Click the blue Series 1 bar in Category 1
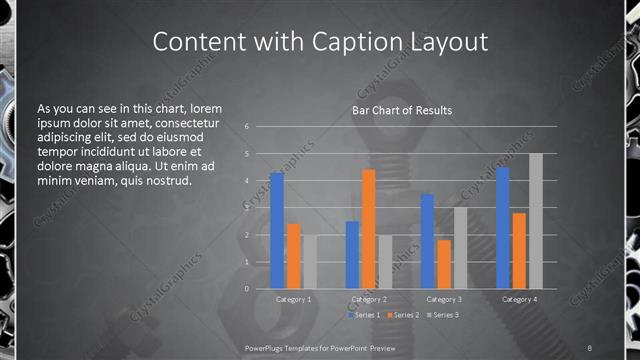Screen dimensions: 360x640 [277, 231]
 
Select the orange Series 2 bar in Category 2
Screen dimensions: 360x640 [369, 229]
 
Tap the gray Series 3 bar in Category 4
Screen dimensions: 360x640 [536, 221]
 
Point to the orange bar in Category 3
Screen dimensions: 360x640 [444, 264]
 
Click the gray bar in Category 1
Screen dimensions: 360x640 [309, 262]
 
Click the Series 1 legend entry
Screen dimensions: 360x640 [362, 315]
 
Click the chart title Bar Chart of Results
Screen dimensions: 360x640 [401, 110]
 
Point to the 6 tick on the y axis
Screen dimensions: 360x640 [247, 127]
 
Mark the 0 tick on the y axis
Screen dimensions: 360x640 [247, 289]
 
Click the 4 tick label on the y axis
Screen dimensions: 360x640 [247, 181]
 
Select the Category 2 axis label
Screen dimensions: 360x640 [369, 299]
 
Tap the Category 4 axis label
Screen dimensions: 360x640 [519, 299]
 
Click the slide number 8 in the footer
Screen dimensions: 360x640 [590, 347]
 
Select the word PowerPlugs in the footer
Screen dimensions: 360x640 [269, 347]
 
